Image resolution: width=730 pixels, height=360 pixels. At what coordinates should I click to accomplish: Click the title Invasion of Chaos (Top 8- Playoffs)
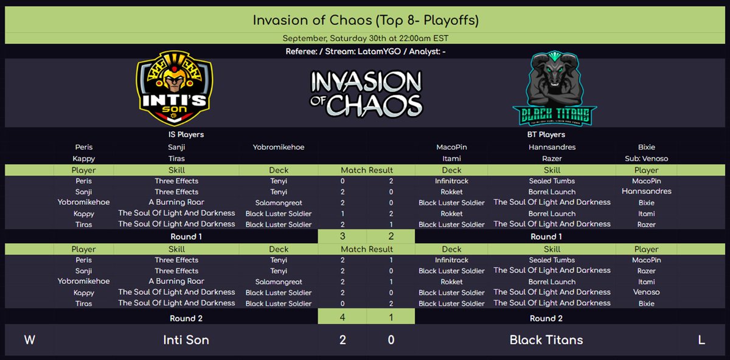(366, 20)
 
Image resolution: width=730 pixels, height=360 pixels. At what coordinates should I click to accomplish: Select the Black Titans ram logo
(554, 89)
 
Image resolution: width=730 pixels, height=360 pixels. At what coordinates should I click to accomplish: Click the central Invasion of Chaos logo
(366, 93)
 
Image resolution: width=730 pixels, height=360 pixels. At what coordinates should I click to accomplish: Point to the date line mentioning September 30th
(366, 38)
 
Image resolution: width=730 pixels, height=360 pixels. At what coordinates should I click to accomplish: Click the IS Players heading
(186, 134)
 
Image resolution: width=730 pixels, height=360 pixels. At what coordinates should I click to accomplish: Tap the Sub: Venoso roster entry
(647, 159)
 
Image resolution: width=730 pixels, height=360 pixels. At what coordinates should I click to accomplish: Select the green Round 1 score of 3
(342, 237)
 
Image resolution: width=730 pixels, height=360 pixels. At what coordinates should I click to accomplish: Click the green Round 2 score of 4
(342, 317)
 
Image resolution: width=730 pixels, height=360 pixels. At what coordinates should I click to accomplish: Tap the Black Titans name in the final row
(546, 340)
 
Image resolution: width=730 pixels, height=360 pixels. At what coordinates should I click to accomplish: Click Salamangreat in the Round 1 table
(279, 202)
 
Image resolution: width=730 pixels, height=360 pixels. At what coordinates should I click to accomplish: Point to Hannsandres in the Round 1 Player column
(646, 192)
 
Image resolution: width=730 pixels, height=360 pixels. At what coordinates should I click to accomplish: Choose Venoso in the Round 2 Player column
(646, 292)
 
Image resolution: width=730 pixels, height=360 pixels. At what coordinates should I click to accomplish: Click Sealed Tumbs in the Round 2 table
(552, 260)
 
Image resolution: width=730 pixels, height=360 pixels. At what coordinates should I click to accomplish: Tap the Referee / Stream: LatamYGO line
(366, 52)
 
